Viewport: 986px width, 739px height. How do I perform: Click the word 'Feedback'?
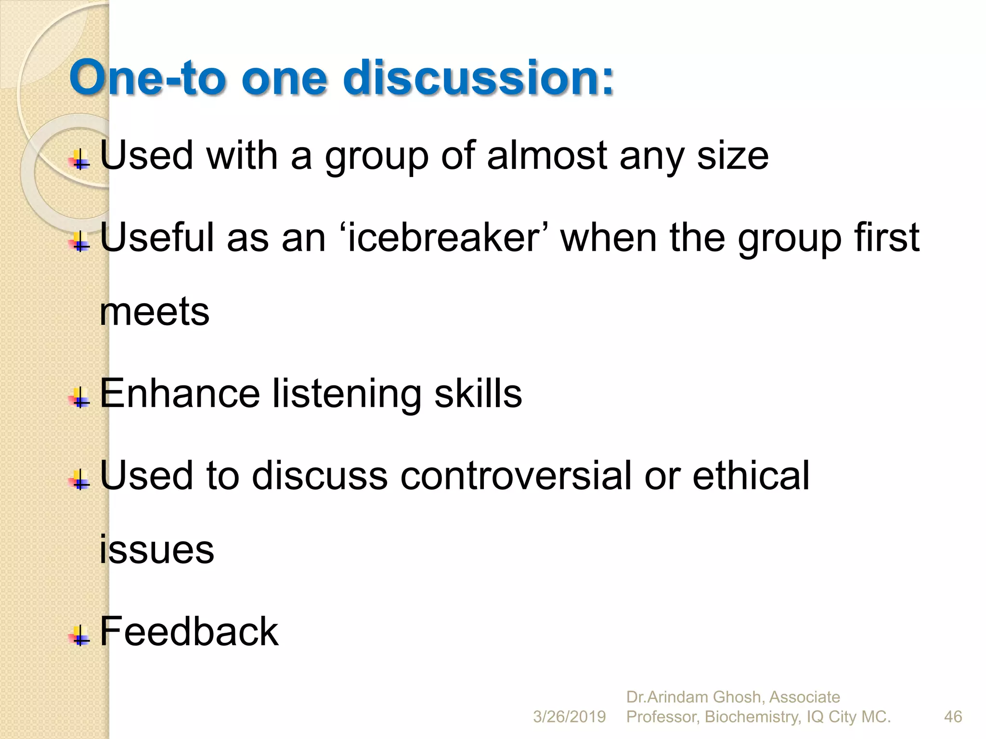[x=189, y=631]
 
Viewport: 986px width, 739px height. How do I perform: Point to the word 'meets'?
[x=155, y=312]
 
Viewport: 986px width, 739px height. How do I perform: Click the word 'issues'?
[x=156, y=549]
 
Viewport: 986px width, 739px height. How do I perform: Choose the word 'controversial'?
[x=516, y=475]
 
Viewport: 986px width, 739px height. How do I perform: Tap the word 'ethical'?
[x=751, y=475]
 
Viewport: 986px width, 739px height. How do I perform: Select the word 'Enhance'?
[x=180, y=394]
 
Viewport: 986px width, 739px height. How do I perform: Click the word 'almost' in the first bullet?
[x=547, y=156]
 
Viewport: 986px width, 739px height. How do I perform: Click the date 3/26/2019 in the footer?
[x=569, y=717]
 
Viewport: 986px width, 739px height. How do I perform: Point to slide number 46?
[x=953, y=717]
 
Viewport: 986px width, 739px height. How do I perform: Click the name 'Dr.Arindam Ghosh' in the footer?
[x=694, y=697]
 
